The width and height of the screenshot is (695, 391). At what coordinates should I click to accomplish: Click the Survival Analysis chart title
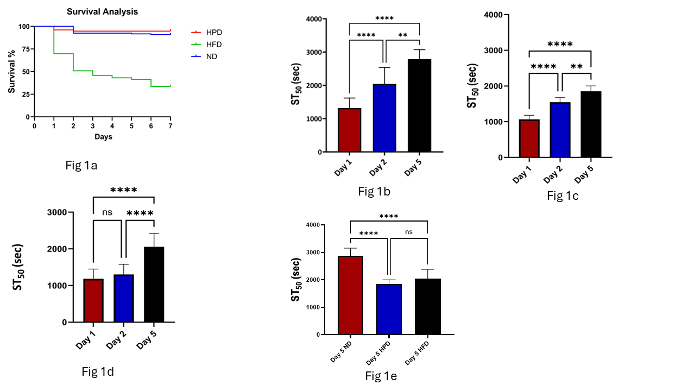coord(102,11)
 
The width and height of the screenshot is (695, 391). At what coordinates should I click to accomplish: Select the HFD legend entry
coord(214,45)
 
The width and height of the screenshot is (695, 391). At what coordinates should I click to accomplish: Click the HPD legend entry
coord(214,33)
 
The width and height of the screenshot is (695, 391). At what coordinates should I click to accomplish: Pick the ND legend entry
coord(212,56)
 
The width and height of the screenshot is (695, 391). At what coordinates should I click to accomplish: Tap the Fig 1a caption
coord(81,166)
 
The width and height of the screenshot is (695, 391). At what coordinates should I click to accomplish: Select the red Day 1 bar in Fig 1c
coord(529,138)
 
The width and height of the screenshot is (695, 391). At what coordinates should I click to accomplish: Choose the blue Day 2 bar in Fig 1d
coord(124,298)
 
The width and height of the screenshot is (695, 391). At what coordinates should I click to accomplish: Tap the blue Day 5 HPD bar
coord(389,309)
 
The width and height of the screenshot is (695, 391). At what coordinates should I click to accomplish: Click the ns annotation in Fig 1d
coord(107,212)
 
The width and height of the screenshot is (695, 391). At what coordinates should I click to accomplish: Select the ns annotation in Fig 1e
coord(408,232)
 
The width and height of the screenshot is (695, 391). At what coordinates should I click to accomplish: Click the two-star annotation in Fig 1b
coord(402,35)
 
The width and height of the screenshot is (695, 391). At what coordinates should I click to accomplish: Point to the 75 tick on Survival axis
coord(25,49)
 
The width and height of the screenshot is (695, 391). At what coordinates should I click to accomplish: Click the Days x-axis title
coord(103,137)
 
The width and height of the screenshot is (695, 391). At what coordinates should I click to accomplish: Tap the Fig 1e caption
coord(381,376)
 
